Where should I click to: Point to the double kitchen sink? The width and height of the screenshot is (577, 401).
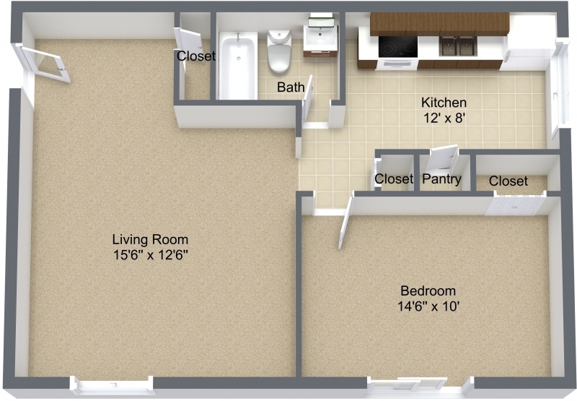click(x=457, y=46)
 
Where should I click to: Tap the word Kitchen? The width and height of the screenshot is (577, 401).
click(x=444, y=103)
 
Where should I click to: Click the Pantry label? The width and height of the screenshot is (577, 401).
click(x=441, y=179)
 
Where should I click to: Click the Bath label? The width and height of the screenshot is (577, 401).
click(x=291, y=88)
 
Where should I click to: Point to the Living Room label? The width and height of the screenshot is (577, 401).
click(x=150, y=239)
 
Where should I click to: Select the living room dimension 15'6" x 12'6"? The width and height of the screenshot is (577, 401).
click(x=150, y=254)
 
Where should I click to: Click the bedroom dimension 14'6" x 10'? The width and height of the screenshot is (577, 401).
click(x=428, y=306)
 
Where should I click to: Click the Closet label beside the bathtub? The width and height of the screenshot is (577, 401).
click(x=196, y=56)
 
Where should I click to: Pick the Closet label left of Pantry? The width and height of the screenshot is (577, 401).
click(x=394, y=179)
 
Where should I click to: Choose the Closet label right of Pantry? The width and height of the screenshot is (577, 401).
click(x=508, y=181)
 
